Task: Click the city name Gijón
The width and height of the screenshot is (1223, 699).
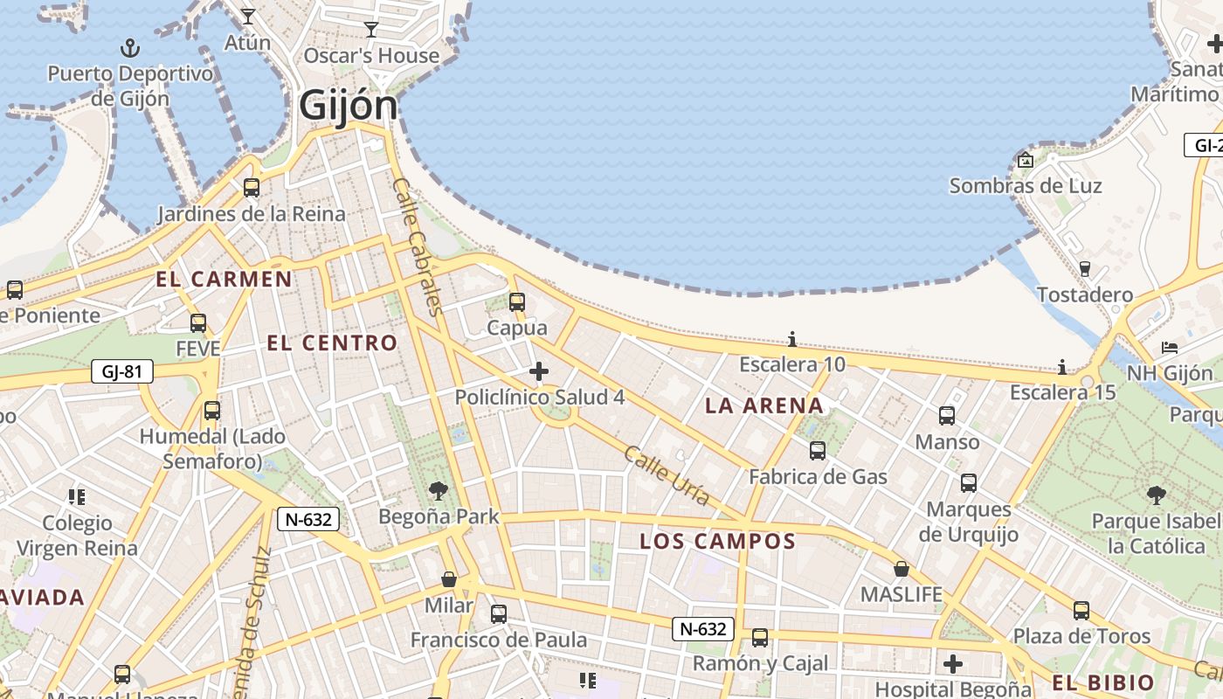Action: tap(348, 106)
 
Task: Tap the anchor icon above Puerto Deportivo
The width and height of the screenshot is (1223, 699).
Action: tap(129, 47)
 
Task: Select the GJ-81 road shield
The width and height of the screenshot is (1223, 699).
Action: tap(122, 372)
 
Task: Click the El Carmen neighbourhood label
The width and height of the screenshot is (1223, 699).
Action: tap(225, 280)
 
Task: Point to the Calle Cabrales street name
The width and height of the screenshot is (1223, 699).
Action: tap(419, 247)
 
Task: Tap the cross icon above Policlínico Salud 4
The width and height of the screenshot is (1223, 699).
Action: tap(539, 371)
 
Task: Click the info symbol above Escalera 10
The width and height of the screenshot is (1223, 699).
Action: tap(792, 339)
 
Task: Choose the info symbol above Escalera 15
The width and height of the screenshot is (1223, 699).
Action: tap(1062, 367)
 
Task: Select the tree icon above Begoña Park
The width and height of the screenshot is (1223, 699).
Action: tap(438, 491)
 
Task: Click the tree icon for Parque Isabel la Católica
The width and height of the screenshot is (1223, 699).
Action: tap(1157, 495)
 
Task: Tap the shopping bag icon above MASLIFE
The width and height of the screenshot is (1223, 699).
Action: tap(902, 569)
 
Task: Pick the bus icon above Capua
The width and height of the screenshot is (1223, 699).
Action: tap(517, 302)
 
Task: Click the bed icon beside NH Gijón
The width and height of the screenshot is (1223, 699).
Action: tap(1170, 348)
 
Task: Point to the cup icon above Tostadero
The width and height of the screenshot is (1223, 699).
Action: tap(1085, 268)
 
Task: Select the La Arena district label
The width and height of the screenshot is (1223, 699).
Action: tap(764, 405)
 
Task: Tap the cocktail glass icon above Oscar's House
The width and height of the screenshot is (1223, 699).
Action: tap(371, 30)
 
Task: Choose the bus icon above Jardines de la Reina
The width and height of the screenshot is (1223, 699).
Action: tap(252, 187)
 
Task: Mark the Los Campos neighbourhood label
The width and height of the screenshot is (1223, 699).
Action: tap(717, 542)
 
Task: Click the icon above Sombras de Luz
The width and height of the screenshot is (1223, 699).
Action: tap(1026, 160)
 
